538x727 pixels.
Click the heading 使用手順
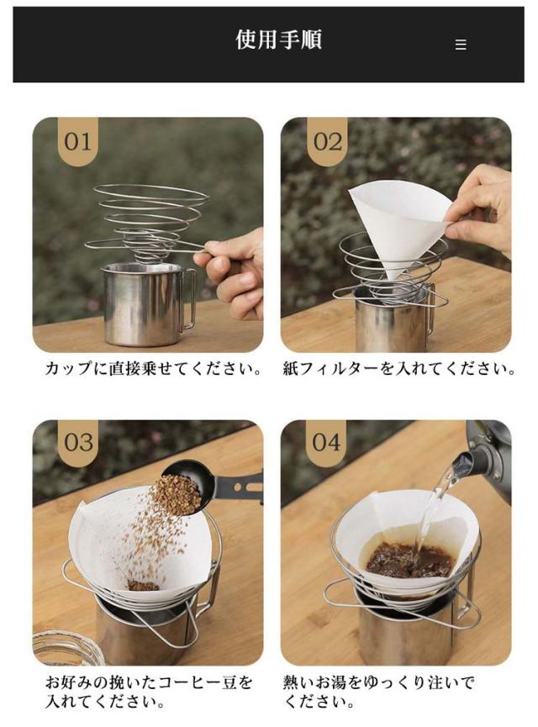[x=278, y=40]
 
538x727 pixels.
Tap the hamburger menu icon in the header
[x=461, y=44]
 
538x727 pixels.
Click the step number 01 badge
[x=78, y=141]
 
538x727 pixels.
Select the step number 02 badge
[x=328, y=141]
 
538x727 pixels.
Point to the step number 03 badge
[x=78, y=442]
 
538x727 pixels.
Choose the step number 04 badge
[x=326, y=442]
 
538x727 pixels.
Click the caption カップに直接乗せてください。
[x=153, y=369]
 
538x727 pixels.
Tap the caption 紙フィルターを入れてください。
[x=398, y=369]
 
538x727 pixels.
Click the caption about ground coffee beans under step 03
[x=149, y=692]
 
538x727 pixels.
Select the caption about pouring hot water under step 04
[x=378, y=692]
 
